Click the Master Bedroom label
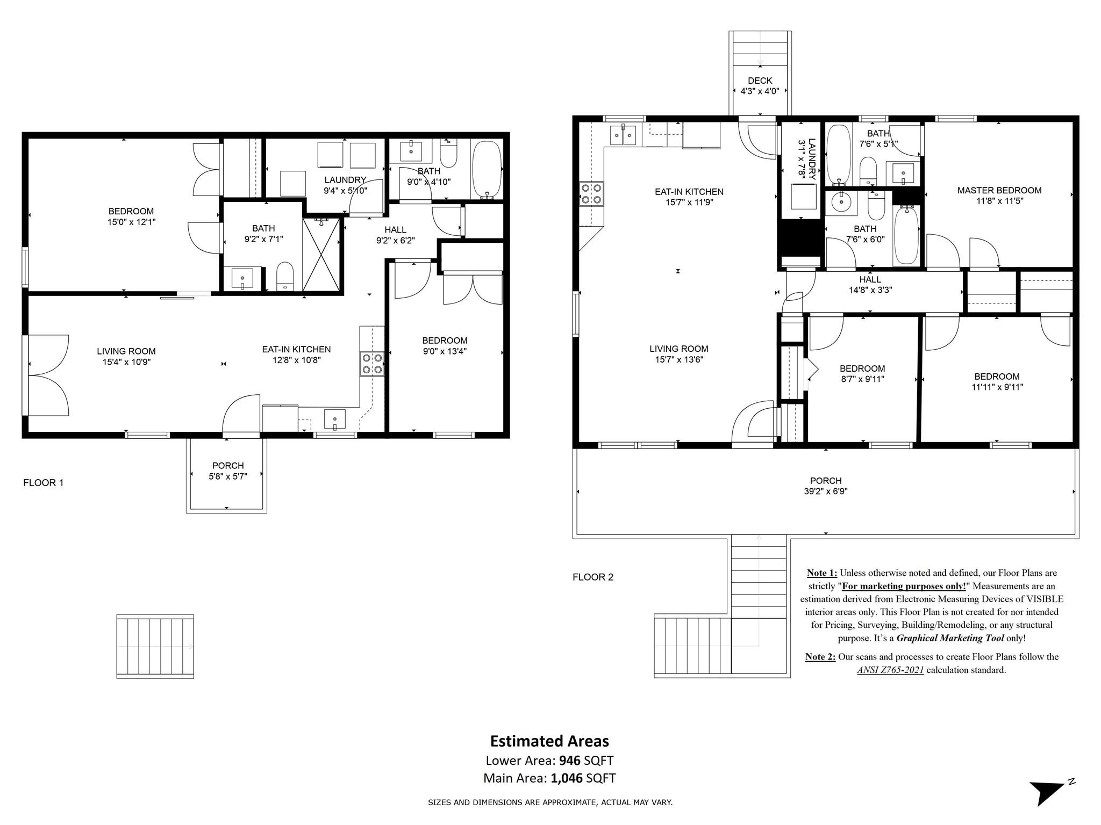coord(999,190)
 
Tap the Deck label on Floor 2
coord(760,81)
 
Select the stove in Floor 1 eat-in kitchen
coord(372,363)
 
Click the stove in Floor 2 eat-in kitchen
coord(591,194)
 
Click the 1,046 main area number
coord(567,778)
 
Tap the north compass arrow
coord(1048,792)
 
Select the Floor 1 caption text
coord(44,483)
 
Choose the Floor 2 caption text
coord(593,577)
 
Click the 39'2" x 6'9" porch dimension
coord(826,491)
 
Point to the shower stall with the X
coord(321,254)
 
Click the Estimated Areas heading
coord(549,741)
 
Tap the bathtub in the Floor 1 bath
coord(487,170)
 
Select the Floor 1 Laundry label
coord(345,180)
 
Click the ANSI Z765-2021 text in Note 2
coord(890,670)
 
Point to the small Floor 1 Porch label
coord(228,466)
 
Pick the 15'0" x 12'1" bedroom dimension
coord(132,221)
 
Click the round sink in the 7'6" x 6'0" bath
coord(840,202)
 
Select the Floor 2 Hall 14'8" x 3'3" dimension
coord(870,290)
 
